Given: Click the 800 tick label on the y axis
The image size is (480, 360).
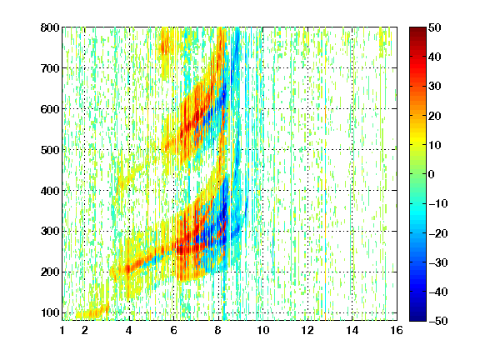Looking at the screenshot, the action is [50, 27].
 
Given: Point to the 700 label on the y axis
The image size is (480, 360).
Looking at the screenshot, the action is [50, 68].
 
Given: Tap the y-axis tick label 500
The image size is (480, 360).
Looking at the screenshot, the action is [50, 150].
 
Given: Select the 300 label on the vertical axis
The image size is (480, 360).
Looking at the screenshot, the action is [50, 232].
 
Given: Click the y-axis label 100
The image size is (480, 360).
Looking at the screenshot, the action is [50, 312].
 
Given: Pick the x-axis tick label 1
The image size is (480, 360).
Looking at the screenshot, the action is [62, 330].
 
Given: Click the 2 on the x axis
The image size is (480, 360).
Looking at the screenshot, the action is [85, 330].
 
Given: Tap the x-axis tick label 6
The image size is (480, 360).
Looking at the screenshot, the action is [173, 330].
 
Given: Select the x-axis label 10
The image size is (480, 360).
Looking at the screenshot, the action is [263, 330].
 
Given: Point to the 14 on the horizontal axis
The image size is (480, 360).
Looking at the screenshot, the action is [352, 330].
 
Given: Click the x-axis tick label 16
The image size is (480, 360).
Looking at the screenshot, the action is [397, 330].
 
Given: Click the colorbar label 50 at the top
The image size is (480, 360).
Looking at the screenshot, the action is [434, 27].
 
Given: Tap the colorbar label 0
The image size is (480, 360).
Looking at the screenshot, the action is [432, 174].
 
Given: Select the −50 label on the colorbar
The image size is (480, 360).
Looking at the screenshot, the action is [438, 321].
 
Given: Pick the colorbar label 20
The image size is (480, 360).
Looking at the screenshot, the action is [434, 116].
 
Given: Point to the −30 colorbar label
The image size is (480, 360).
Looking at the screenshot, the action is [438, 262].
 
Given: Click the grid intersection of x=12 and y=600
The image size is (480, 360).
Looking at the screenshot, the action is [307, 109].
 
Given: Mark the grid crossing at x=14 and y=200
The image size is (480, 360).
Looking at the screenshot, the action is [352, 272].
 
